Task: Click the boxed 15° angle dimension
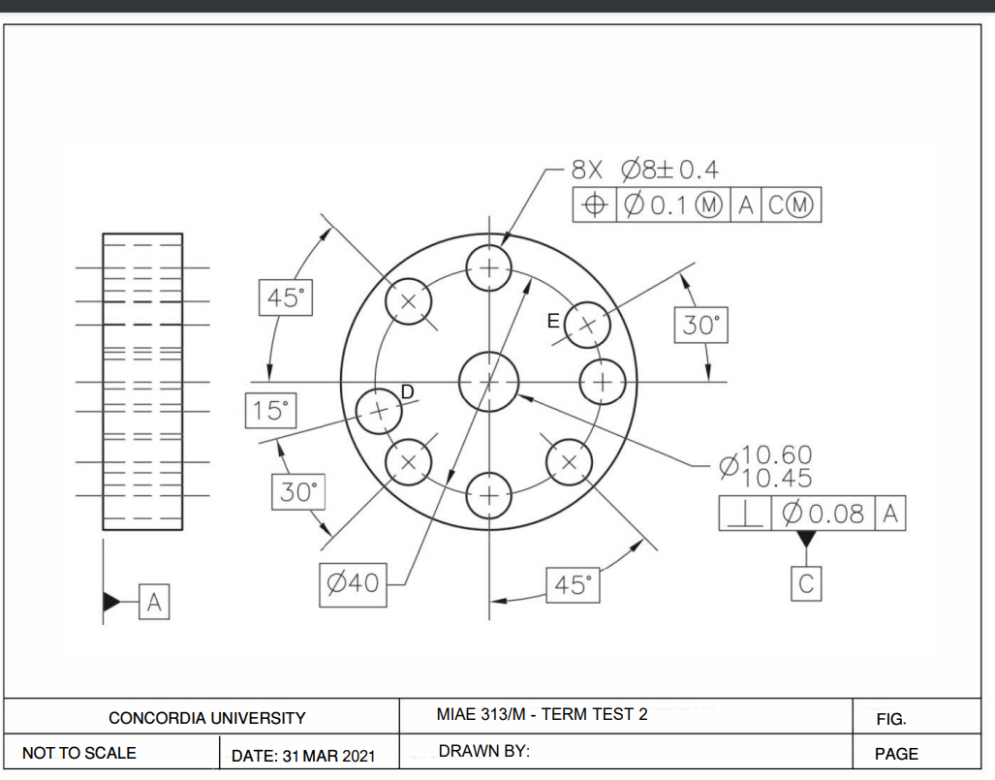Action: pyautogui.click(x=271, y=410)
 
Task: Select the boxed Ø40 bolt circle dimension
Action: pyautogui.click(x=353, y=583)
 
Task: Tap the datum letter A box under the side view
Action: pyautogui.click(x=154, y=603)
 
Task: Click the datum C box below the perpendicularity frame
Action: pyautogui.click(x=806, y=583)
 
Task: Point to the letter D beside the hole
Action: pyautogui.click(x=408, y=390)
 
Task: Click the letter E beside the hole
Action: pyautogui.click(x=553, y=321)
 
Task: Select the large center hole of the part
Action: pyautogui.click(x=489, y=381)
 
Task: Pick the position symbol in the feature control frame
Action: pyautogui.click(x=595, y=205)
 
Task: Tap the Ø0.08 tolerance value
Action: pyautogui.click(x=822, y=514)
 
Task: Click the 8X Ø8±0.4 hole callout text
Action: pyautogui.click(x=645, y=171)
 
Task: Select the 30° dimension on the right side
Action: pyautogui.click(x=700, y=326)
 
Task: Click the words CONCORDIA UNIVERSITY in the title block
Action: pyautogui.click(x=206, y=718)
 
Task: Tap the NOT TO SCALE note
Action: pyautogui.click(x=79, y=753)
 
